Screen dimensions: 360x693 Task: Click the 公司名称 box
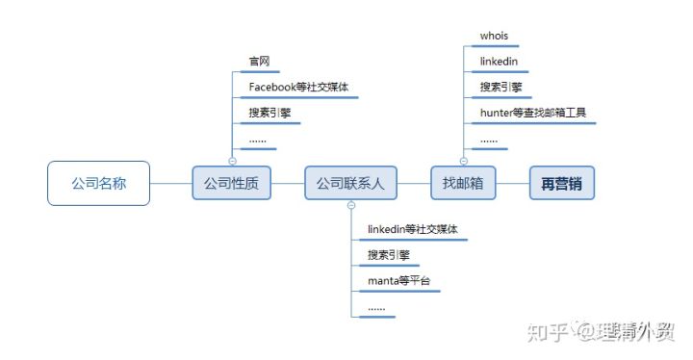pyautogui.click(x=99, y=183)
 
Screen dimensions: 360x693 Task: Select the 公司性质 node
pyautogui.click(x=232, y=183)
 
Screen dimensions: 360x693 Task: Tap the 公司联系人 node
pyautogui.click(x=350, y=183)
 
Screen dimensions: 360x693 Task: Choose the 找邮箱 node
pyautogui.click(x=462, y=183)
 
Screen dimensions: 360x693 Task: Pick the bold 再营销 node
pyautogui.click(x=562, y=183)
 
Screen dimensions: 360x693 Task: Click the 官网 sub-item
pyautogui.click(x=259, y=62)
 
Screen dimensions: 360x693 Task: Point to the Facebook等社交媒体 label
pyautogui.click(x=298, y=87)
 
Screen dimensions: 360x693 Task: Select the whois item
pyautogui.click(x=494, y=37)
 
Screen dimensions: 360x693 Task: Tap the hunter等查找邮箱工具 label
pyautogui.click(x=533, y=113)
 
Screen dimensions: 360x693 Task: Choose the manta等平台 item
pyautogui.click(x=398, y=281)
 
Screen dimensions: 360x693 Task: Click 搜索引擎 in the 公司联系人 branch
pyautogui.click(x=389, y=256)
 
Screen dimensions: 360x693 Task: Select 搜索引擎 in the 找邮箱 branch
pyautogui.click(x=501, y=88)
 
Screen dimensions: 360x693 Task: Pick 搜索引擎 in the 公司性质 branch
pyautogui.click(x=270, y=113)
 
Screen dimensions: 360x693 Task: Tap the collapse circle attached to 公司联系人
pyautogui.click(x=350, y=205)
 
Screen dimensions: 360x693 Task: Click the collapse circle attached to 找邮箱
pyautogui.click(x=463, y=161)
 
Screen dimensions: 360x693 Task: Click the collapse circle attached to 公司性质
pyautogui.click(x=232, y=161)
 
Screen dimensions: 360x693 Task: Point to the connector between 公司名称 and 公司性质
pyautogui.click(x=171, y=183)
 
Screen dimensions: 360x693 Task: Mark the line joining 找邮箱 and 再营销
pyautogui.click(x=512, y=183)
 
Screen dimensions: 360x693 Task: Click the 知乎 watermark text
pyautogui.click(x=545, y=332)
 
